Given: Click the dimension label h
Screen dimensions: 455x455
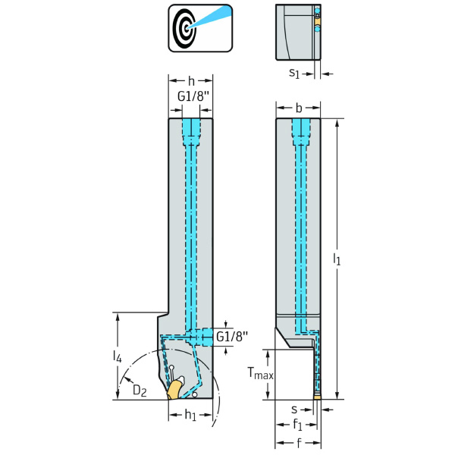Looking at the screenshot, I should [x=190, y=80].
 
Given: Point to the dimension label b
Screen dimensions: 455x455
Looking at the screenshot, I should [x=297, y=108].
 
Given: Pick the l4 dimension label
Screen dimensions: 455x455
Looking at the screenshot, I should [x=116, y=355].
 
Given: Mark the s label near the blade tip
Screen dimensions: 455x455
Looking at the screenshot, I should [x=298, y=409].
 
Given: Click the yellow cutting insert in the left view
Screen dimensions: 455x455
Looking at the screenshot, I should [x=175, y=389].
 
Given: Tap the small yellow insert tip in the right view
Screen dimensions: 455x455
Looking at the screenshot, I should [x=317, y=396].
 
